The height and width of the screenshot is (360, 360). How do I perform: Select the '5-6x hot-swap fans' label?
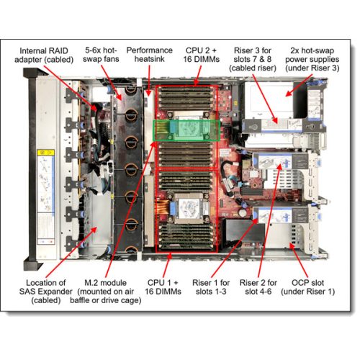pyautogui.click(x=102, y=56)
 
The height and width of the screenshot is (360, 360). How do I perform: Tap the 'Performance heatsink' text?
pyautogui.click(x=150, y=56)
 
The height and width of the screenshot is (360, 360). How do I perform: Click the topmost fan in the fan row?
pyautogui.click(x=132, y=99)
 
